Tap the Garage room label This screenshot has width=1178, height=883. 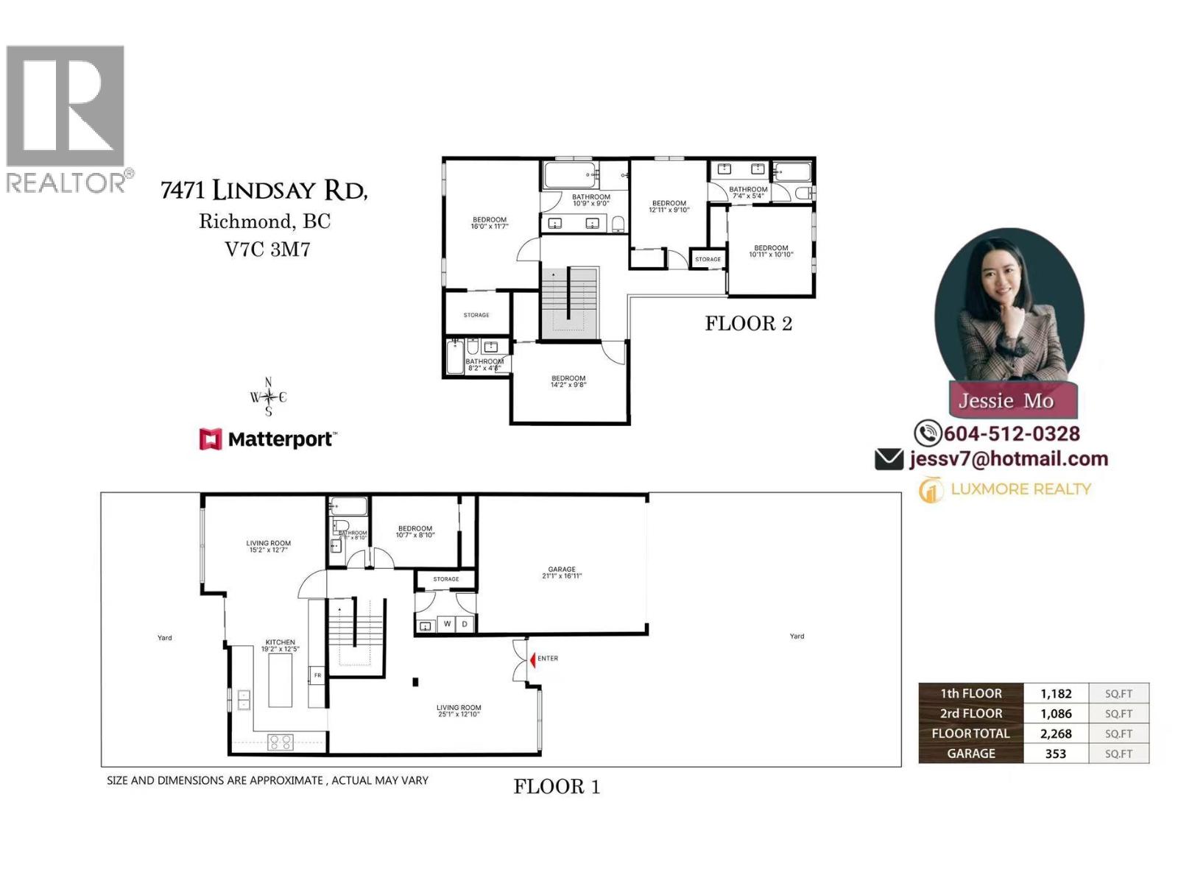coord(562,572)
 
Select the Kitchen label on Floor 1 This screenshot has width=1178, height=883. coord(281,645)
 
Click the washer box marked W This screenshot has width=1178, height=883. coord(447,624)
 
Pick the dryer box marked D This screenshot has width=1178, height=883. coord(465,624)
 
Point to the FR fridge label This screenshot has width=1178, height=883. coord(317,675)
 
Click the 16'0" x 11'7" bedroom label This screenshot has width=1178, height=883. coord(490,223)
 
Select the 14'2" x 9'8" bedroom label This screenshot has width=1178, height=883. coord(568,381)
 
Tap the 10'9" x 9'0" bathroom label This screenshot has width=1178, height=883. coord(591,199)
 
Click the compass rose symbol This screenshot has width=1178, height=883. coord(268,397)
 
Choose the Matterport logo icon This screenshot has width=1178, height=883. coord(211,439)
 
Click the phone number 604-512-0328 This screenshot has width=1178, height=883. coord(1012,433)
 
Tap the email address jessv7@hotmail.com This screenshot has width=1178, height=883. coord(1008,459)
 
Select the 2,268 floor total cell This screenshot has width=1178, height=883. coord(1056,734)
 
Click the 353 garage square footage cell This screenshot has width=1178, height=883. coord(1056,753)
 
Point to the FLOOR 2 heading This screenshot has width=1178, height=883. coord(748,324)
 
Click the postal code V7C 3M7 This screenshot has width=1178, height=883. coord(267,249)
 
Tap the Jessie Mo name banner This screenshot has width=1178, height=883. coord(1006,401)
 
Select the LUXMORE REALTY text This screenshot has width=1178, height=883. coord(1020,489)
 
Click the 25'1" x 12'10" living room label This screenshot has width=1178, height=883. coord(458,711)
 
